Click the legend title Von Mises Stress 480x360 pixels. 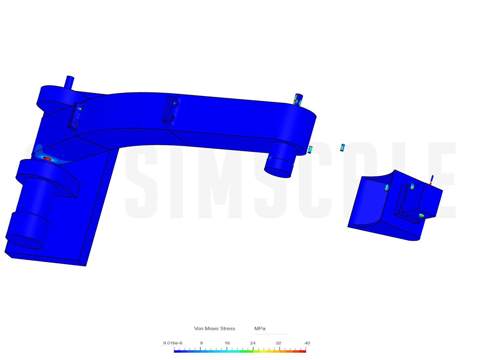[214, 328]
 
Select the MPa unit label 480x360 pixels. [260, 328]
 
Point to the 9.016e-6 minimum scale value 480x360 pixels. [173, 343]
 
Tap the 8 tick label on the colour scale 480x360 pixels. [201, 343]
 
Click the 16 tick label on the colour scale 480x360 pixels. [227, 343]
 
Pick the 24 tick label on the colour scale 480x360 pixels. [253, 343]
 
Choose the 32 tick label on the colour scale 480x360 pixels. [278, 343]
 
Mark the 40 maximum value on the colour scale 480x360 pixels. [307, 343]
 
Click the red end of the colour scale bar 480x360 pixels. [302, 351]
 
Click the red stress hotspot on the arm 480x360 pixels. [47, 159]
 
